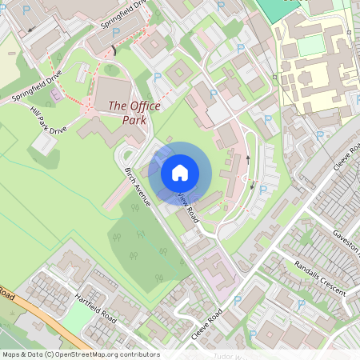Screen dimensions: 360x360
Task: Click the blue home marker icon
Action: [180, 172]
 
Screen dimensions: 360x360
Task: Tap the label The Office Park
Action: [134, 112]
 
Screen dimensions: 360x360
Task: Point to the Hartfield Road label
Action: [94, 307]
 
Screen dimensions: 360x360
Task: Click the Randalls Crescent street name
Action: [319, 277]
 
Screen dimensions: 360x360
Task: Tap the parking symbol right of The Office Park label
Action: [158, 78]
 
